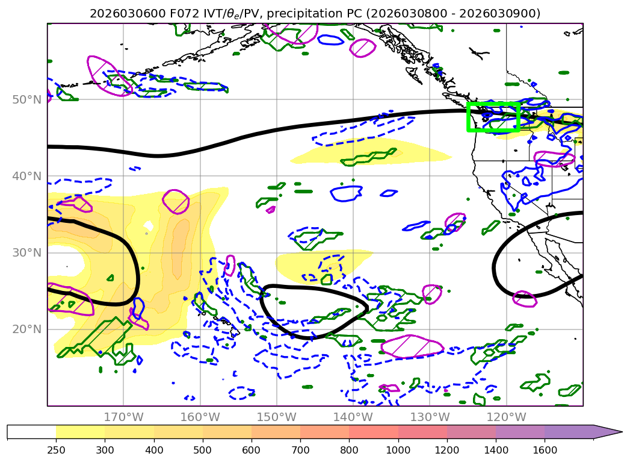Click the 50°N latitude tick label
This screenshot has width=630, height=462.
coord(28,99)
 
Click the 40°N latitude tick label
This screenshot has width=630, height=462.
coord(28,176)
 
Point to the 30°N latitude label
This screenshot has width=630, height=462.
coord(28,252)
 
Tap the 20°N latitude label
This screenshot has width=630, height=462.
coord(28,329)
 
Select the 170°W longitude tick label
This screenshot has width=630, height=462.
coord(123,417)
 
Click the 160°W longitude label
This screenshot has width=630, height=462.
coord(200,417)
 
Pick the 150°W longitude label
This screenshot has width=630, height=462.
coord(276,417)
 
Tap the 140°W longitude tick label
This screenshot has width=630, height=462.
coord(353,417)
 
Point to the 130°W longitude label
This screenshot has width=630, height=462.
coord(429,417)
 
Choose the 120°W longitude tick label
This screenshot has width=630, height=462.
coord(505,417)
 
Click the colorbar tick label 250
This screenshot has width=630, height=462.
coord(56,449)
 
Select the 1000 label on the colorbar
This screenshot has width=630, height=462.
coord(398,449)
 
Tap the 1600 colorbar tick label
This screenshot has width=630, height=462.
coord(545,449)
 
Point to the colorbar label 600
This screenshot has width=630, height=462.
coord(252,449)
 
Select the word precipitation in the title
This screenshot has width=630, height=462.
coord(310,13)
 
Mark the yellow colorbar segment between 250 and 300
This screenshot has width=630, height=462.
coord(80,432)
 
